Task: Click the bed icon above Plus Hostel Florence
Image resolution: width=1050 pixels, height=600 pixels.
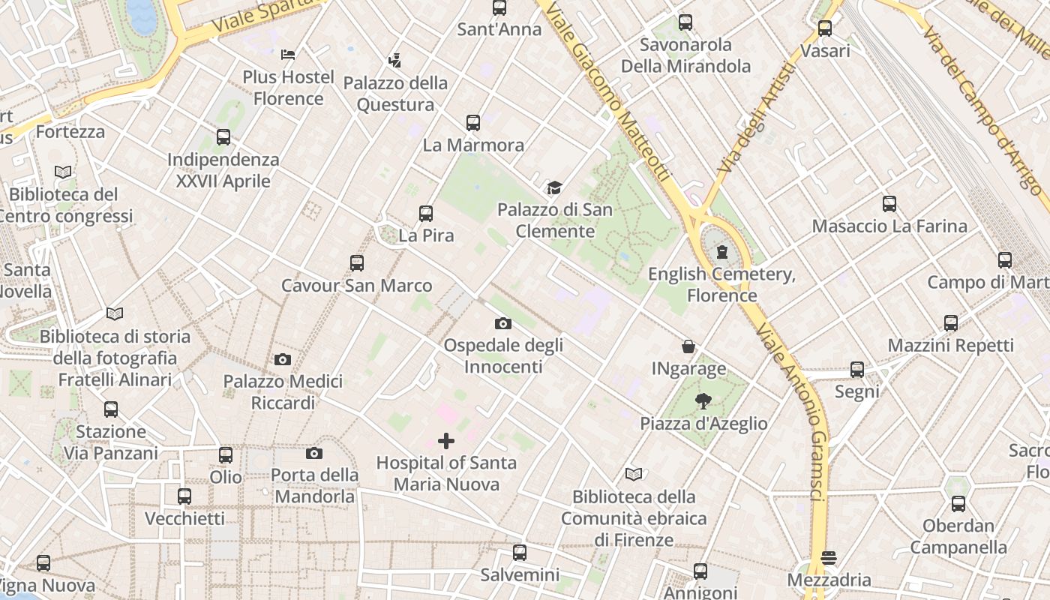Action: pyautogui.click(x=288, y=54)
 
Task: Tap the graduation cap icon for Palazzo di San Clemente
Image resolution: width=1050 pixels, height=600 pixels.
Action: pyautogui.click(x=554, y=187)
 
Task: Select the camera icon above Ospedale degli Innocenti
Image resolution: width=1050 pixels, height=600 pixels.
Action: pyautogui.click(x=503, y=323)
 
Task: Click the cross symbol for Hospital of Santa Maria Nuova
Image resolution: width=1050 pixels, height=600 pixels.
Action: pyautogui.click(x=446, y=441)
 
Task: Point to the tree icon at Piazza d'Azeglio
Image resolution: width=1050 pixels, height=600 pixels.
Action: pyautogui.click(x=703, y=401)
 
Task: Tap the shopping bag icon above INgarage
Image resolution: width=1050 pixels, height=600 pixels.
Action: pyautogui.click(x=688, y=346)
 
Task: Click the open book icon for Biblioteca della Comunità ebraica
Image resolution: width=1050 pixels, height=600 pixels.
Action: pyautogui.click(x=634, y=474)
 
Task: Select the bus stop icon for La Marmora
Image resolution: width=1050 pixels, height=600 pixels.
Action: pyautogui.click(x=472, y=122)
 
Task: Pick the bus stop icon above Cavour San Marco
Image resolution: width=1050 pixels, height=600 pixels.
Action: pyautogui.click(x=357, y=263)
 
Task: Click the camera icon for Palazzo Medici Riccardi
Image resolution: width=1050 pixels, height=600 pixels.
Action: pyautogui.click(x=283, y=359)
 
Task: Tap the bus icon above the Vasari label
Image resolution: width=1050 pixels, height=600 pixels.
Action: pyautogui.click(x=825, y=28)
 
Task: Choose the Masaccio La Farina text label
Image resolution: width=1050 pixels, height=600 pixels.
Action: pyautogui.click(x=889, y=226)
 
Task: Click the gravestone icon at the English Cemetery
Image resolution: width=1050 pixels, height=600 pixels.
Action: pyautogui.click(x=721, y=252)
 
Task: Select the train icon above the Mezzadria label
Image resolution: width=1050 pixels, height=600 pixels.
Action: pyautogui.click(x=829, y=558)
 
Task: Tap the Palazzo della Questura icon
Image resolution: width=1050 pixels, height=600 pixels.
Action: pyautogui.click(x=394, y=60)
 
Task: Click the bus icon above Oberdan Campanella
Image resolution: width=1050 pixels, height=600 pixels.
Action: pyautogui.click(x=958, y=503)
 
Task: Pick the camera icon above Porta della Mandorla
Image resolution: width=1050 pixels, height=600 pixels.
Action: pyautogui.click(x=314, y=453)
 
